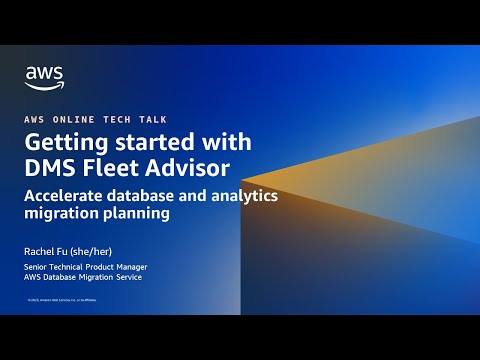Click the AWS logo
(44, 77)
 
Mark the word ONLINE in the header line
(80, 117)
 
